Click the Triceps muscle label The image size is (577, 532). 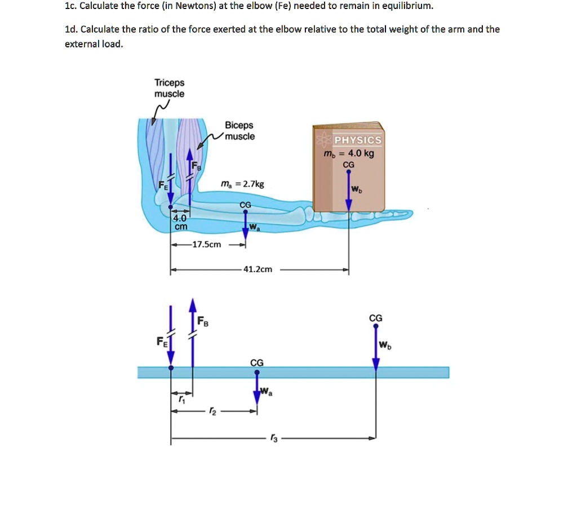pos(169,88)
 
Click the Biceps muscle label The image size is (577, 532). pos(239,131)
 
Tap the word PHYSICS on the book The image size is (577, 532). pos(357,140)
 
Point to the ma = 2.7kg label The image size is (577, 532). pos(242,184)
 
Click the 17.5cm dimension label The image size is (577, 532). pos(207,245)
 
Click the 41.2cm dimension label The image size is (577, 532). pos(258,269)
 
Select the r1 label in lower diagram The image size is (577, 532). pos(181,399)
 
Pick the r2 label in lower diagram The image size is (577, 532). pos(211,411)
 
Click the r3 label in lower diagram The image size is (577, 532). pos(274,438)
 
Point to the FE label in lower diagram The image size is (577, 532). pos(162,342)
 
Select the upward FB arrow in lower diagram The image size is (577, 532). pos(193,333)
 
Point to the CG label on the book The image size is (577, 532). pos(349,164)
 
